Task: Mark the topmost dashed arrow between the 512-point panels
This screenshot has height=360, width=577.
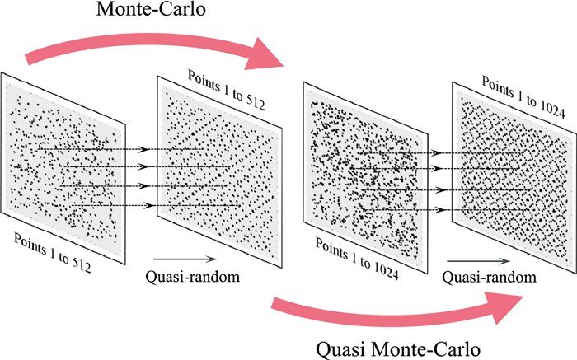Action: click(x=148, y=149)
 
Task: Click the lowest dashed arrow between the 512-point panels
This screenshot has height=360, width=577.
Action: click(x=148, y=205)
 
